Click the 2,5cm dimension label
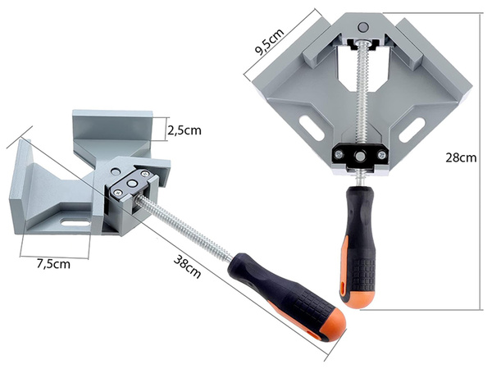pyautogui.click(x=184, y=130)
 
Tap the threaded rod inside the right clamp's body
pyautogui.click(x=360, y=90)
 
